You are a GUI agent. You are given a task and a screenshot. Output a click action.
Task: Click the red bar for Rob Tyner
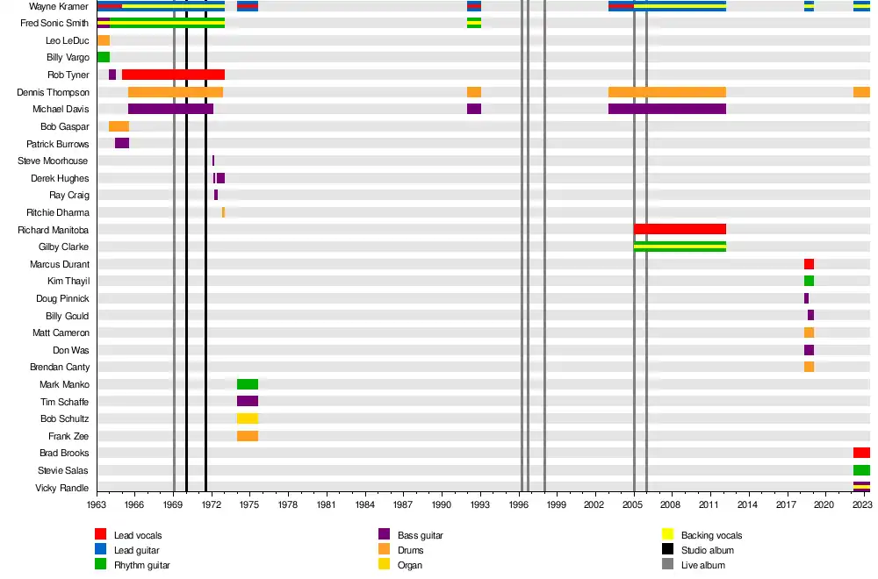pos(173,75)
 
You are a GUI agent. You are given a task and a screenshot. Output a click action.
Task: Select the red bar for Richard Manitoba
pos(680,229)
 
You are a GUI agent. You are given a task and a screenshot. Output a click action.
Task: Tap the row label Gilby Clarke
pos(62,247)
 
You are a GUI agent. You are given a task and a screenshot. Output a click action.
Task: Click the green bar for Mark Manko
pos(248,384)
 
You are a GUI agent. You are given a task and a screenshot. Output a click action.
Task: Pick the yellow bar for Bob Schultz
pos(248,418)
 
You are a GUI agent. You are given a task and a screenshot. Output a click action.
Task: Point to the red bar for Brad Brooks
pos(861,453)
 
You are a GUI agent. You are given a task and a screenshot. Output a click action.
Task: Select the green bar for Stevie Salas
pos(861,470)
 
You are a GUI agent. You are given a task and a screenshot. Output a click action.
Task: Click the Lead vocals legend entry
pos(138,535)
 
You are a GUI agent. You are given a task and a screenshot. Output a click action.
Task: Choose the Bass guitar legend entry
pos(420,535)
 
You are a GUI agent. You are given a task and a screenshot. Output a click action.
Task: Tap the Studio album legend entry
pos(707,550)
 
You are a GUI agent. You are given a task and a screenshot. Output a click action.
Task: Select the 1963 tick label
pos(97,505)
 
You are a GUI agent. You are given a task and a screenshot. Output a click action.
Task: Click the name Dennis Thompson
pos(53,92)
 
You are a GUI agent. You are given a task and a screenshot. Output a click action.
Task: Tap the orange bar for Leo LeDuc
pos(104,40)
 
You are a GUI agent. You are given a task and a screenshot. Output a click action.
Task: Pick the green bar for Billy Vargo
pos(104,57)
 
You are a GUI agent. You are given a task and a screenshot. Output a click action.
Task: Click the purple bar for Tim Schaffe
pos(248,401)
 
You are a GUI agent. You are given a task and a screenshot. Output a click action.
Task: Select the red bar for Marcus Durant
pos(809,264)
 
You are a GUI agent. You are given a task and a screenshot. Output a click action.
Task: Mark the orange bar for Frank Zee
pos(248,436)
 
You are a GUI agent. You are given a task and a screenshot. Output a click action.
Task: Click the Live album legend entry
pos(702,565)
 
